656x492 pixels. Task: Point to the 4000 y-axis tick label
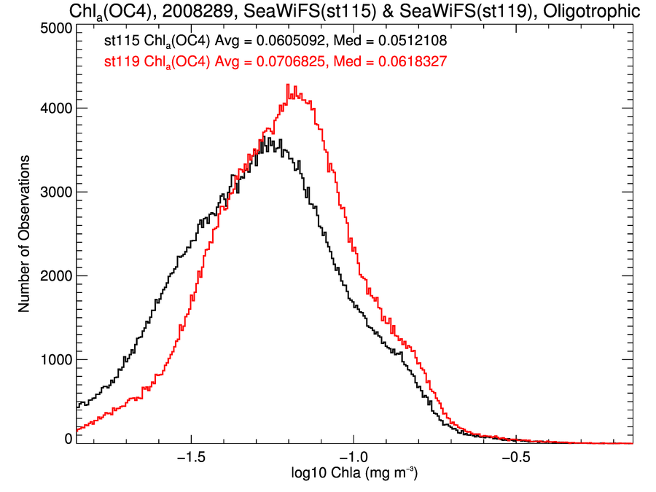55,108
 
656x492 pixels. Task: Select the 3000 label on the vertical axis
55,192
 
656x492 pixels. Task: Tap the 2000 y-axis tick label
55,276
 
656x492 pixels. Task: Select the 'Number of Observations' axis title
24,233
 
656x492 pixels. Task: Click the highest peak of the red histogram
289,85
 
